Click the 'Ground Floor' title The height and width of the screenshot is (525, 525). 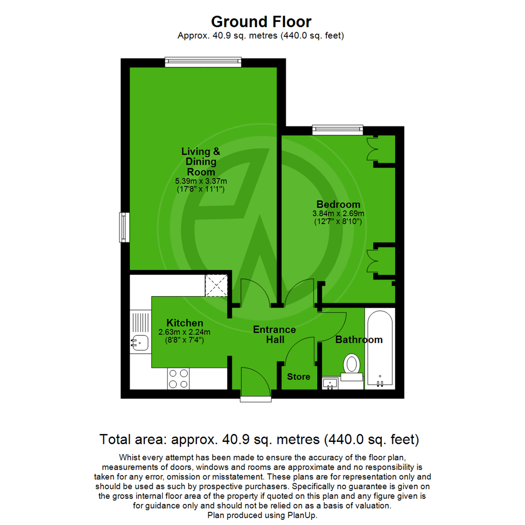(261, 21)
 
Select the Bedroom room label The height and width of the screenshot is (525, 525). (338, 204)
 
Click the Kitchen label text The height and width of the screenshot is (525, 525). (185, 323)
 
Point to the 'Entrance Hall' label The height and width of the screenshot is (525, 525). (275, 334)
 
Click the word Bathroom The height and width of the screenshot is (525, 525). (359, 340)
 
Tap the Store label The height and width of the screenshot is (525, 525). (298, 377)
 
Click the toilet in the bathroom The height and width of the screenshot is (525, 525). (351, 365)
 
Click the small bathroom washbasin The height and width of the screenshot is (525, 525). (331, 384)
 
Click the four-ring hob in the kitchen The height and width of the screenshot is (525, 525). (178, 378)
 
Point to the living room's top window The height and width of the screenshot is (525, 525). (203, 61)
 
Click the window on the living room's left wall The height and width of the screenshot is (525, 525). (125, 227)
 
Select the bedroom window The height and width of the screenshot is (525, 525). (337, 129)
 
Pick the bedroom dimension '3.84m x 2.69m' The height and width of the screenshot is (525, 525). (338, 213)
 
